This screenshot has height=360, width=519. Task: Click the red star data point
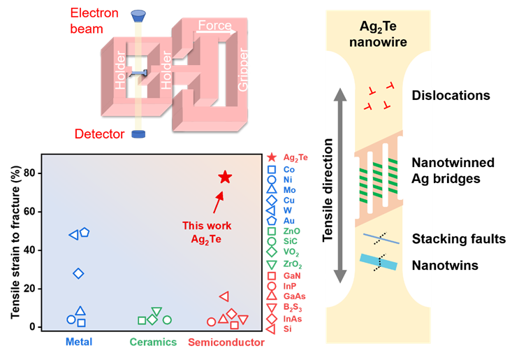click(x=224, y=177)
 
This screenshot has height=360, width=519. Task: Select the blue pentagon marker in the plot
click(x=85, y=231)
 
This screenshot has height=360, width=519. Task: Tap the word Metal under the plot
click(x=79, y=343)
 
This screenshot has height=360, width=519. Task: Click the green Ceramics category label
click(x=153, y=343)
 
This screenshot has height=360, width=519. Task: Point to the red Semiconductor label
click(x=226, y=343)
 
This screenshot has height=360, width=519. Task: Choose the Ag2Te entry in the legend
click(x=295, y=158)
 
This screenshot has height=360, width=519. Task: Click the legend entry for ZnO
click(x=291, y=231)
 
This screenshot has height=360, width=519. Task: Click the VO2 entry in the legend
click(x=292, y=252)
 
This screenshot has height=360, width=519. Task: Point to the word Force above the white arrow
click(x=214, y=26)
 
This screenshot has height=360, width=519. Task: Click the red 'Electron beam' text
click(x=96, y=20)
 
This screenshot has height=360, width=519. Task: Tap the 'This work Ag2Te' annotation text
click(x=207, y=232)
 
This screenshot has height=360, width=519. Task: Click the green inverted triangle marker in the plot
click(x=156, y=312)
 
